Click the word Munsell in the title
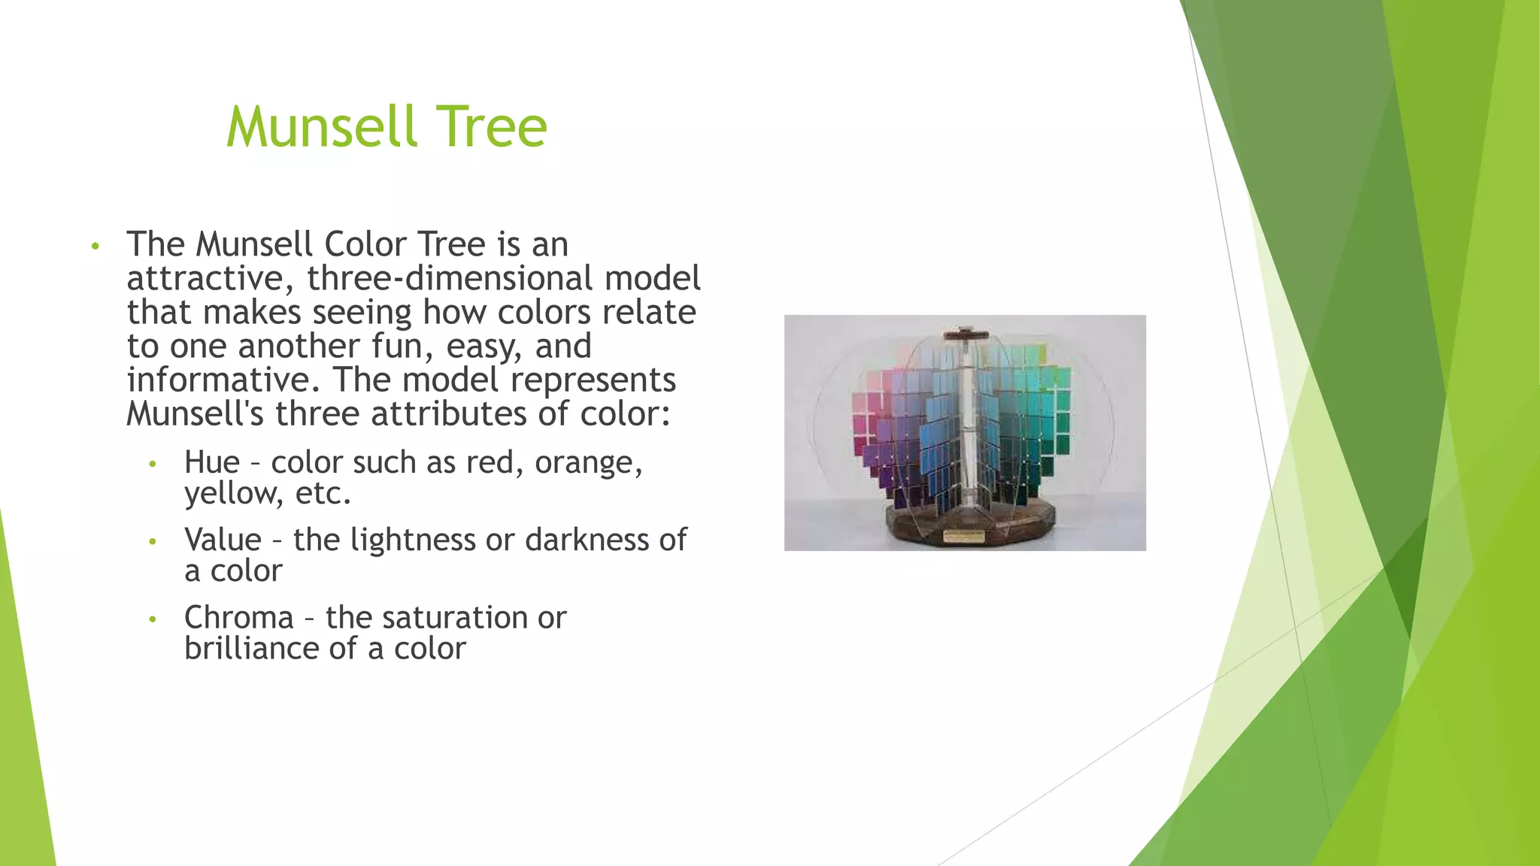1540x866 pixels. tap(322, 126)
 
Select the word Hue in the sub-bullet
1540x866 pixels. tap(211, 462)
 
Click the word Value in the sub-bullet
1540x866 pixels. tap(223, 540)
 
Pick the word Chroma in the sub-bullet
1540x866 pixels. tap(238, 617)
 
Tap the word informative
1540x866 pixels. tap(223, 380)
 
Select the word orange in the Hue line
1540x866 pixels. tap(587, 462)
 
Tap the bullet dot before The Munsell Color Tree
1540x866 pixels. tap(95, 247)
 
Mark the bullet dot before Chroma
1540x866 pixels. tap(153, 619)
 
